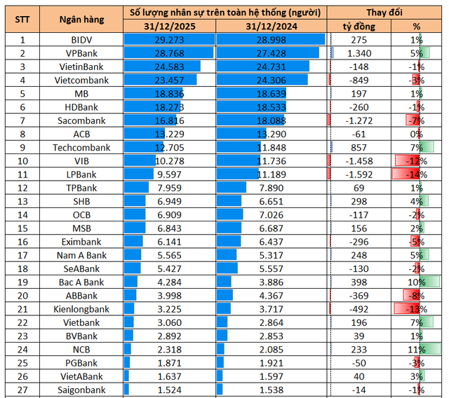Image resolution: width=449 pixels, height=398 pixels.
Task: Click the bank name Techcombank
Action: (x=81, y=148)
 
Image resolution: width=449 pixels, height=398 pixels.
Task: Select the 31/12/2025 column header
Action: (x=168, y=27)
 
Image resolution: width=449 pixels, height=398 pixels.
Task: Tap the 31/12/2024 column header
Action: (x=272, y=27)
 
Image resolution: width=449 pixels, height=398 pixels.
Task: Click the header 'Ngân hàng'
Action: (x=81, y=20)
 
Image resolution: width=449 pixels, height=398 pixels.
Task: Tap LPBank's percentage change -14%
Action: (x=416, y=174)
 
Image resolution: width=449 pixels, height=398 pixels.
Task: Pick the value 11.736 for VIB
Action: (x=272, y=161)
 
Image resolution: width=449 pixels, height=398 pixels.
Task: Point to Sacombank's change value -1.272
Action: (x=357, y=121)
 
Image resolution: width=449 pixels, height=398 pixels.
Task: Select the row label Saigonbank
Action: (x=81, y=390)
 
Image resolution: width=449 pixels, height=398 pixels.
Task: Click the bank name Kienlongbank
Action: (x=81, y=309)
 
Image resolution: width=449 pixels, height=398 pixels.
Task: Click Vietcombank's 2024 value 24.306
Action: (x=272, y=81)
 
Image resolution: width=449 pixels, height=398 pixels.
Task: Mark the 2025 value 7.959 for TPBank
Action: (x=168, y=188)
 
